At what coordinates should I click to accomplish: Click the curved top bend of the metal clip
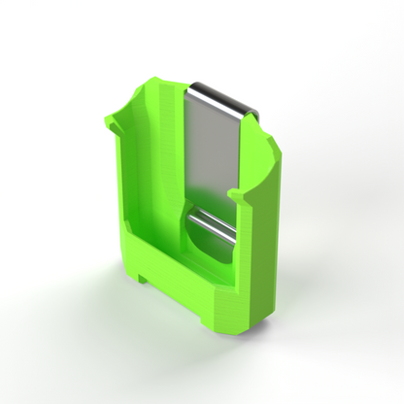[x=222, y=96]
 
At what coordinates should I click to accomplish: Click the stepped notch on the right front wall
[x=247, y=199]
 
